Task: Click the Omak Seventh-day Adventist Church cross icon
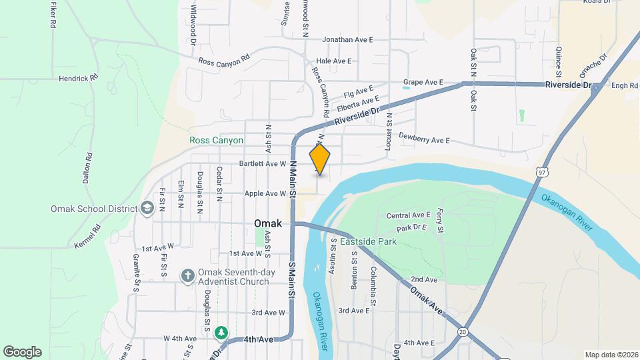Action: pos(189,275)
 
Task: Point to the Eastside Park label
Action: pos(368,241)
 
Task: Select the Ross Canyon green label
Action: pos(216,141)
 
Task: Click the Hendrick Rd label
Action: pos(78,78)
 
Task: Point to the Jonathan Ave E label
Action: pos(347,40)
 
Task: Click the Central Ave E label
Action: pos(409,215)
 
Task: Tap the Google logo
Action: pos(22,352)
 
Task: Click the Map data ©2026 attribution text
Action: pos(611,355)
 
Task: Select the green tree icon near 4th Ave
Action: pos(221,332)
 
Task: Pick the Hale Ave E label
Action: pos(334,61)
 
